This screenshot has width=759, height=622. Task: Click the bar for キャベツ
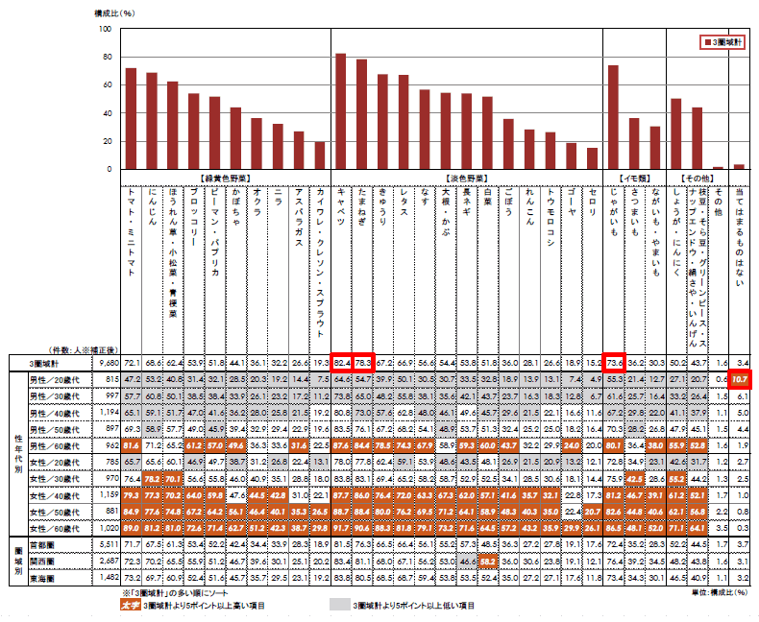[340, 112]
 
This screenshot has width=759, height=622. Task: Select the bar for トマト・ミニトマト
[131, 120]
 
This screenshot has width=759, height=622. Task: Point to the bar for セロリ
[592, 159]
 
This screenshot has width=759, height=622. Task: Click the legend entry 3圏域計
[722, 43]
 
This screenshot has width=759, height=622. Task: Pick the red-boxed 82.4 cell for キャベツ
[340, 363]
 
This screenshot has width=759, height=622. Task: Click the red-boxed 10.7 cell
[739, 380]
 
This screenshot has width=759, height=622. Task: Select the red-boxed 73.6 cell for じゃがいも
[613, 363]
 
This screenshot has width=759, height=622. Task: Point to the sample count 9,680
[107, 363]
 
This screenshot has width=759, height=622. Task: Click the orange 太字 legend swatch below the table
[130, 607]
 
